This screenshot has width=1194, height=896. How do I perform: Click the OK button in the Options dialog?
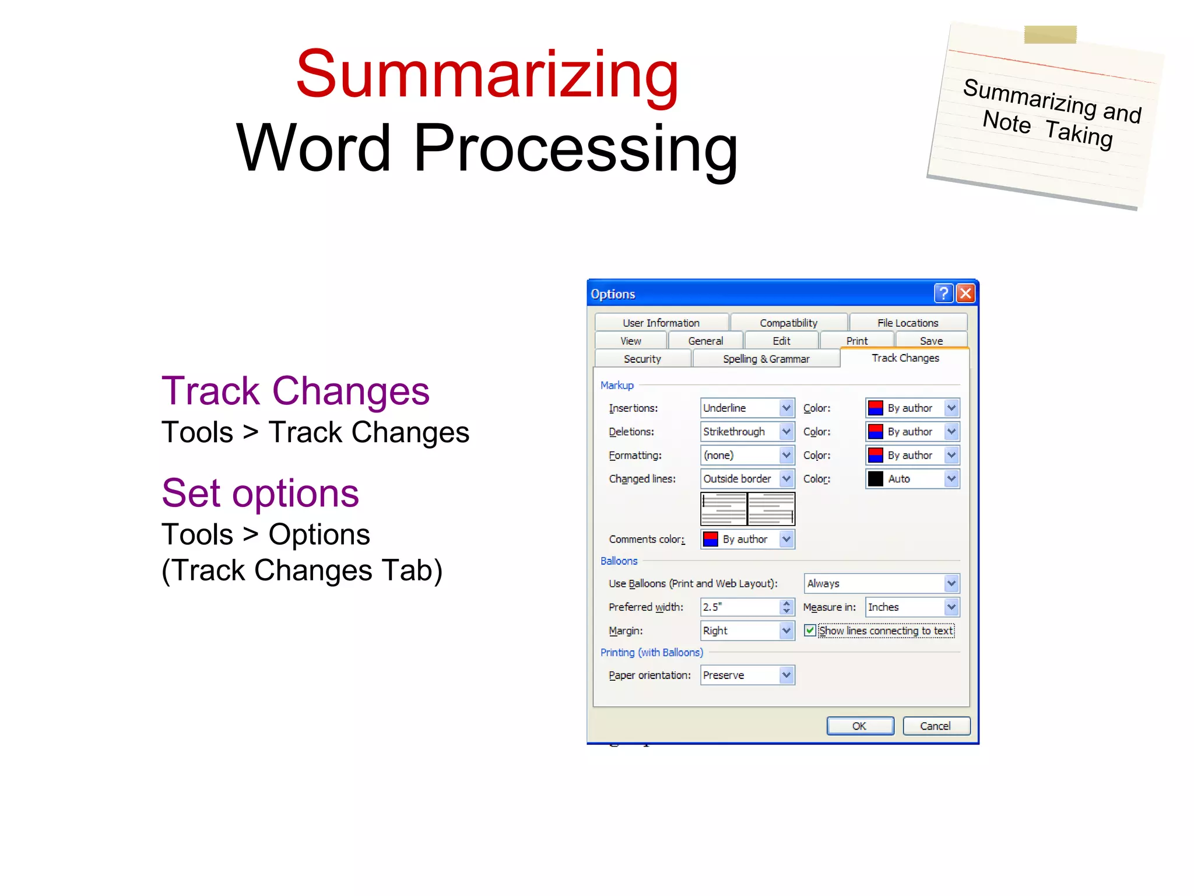click(x=860, y=726)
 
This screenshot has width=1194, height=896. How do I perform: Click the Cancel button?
click(x=936, y=726)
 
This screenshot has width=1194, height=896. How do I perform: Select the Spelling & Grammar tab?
click(x=765, y=359)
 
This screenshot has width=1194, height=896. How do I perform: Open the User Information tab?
click(x=661, y=323)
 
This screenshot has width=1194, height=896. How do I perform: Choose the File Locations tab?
click(x=908, y=323)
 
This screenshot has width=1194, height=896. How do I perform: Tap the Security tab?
click(x=642, y=359)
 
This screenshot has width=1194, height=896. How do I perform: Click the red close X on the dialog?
click(x=965, y=293)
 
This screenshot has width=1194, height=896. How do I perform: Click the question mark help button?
click(x=943, y=293)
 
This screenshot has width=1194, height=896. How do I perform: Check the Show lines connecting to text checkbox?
click(x=810, y=631)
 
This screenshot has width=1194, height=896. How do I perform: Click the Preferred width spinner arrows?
click(x=786, y=607)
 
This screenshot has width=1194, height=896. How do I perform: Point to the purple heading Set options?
click(x=260, y=494)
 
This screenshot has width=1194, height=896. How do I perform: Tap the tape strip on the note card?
click(x=1050, y=34)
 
